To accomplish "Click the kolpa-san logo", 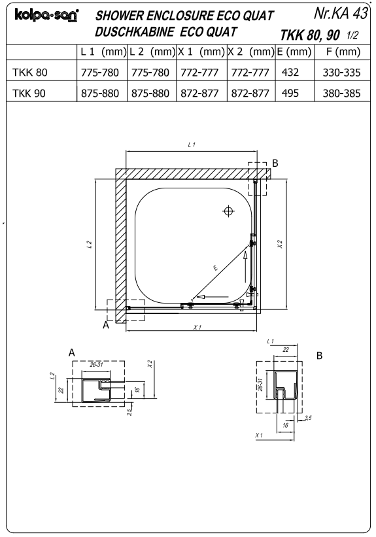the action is click(x=46, y=16).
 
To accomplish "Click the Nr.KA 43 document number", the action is click(x=341, y=13).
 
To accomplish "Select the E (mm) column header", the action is click(x=294, y=52).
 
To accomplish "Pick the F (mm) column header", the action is click(x=343, y=52).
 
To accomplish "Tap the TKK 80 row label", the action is click(x=30, y=72).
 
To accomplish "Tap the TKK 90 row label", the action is click(x=29, y=93).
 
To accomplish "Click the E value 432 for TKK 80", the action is click(x=290, y=72).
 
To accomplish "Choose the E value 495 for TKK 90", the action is click(x=290, y=93).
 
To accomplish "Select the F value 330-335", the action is click(x=341, y=73).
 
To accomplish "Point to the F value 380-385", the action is click(x=341, y=94).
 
